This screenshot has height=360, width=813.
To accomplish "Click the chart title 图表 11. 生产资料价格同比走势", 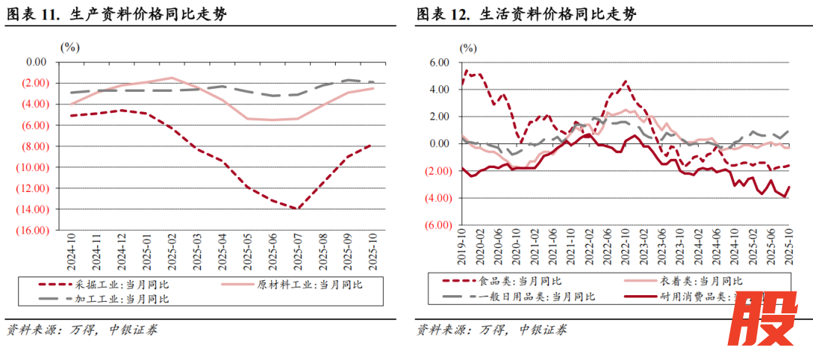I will click(116, 14).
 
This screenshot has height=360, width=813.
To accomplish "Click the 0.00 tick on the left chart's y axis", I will click(36, 62).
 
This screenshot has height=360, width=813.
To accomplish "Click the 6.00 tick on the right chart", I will click(439, 63).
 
